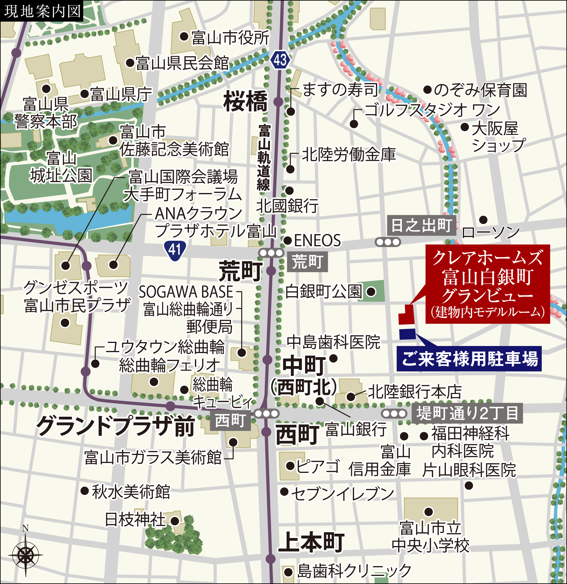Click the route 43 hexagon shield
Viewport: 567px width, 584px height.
tap(280, 60)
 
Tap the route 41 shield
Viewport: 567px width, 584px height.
tap(175, 250)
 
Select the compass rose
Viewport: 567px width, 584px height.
tap(26, 555)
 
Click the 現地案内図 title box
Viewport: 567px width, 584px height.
tap(42, 11)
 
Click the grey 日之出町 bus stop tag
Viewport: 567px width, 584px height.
tap(421, 225)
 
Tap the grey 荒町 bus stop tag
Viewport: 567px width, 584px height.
tap(307, 262)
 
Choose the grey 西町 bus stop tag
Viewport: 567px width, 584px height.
tap(230, 421)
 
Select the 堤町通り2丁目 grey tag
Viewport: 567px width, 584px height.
tap(467, 413)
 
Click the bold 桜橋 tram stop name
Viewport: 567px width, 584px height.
tap(246, 101)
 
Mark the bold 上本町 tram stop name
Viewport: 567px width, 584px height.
tap(311, 542)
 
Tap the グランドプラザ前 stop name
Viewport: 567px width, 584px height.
tap(116, 426)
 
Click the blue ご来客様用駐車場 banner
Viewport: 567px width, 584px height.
tap(469, 359)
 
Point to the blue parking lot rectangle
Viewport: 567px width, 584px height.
tap(407, 334)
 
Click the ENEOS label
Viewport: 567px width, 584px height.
tap(317, 240)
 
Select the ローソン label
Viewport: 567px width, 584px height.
tap(491, 232)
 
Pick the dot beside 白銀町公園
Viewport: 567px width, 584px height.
tap(371, 292)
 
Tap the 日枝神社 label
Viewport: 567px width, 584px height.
tap(136, 519)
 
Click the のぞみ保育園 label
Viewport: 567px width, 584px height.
tap(480, 90)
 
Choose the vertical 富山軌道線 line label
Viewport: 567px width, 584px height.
tap(264, 157)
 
